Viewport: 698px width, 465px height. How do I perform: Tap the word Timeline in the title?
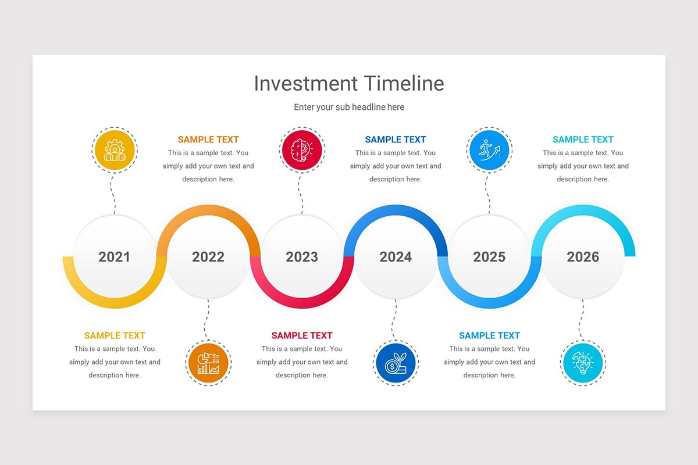(x=404, y=84)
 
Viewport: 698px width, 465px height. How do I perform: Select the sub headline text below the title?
(x=349, y=107)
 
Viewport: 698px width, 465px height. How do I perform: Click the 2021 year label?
(x=115, y=257)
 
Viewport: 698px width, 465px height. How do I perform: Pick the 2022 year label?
(x=208, y=257)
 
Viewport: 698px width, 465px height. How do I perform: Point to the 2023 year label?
(x=302, y=257)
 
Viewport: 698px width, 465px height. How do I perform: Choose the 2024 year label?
(x=396, y=257)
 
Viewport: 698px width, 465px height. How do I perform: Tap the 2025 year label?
(x=489, y=257)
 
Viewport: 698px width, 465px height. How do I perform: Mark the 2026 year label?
(x=583, y=257)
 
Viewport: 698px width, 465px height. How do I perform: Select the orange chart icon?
(x=208, y=363)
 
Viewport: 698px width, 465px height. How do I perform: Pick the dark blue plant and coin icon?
(x=396, y=363)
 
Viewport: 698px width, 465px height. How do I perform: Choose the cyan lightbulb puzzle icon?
(x=583, y=363)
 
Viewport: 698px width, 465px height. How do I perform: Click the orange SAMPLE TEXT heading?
(x=208, y=139)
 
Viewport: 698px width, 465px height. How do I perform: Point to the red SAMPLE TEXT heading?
(x=302, y=335)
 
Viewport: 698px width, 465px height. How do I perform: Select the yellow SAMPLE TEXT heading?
(x=115, y=335)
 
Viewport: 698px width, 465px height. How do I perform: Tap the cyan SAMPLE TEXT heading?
(x=583, y=139)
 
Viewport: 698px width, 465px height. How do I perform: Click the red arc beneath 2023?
(x=302, y=303)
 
